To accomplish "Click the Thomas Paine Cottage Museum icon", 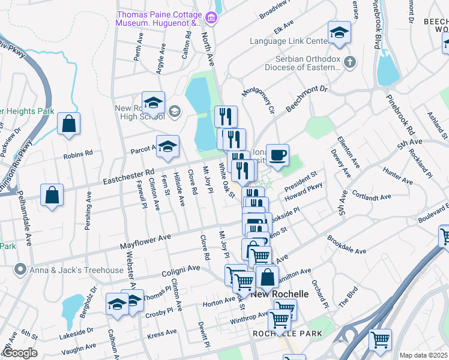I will coord(211,19).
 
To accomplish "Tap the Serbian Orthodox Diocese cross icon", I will coord(351,61).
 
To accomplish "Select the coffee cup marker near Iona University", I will coord(277,155).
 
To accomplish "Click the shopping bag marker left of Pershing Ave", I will coord(52,196).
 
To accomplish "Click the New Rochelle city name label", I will coord(280,294).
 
